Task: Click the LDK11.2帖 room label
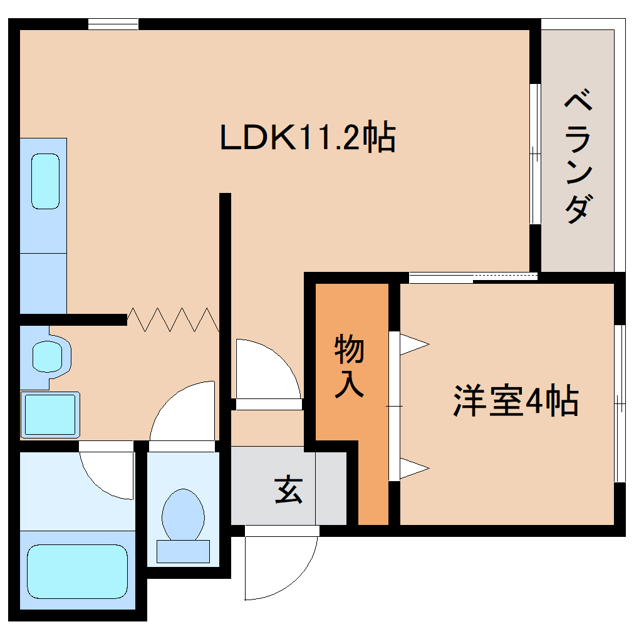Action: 308,138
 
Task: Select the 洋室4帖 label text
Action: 516,402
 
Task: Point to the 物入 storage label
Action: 349,366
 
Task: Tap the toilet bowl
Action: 183,515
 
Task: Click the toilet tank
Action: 183,551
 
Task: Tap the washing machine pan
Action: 50,414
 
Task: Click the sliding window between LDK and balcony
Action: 534,153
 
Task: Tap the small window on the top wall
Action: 113,24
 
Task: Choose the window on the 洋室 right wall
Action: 619,404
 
